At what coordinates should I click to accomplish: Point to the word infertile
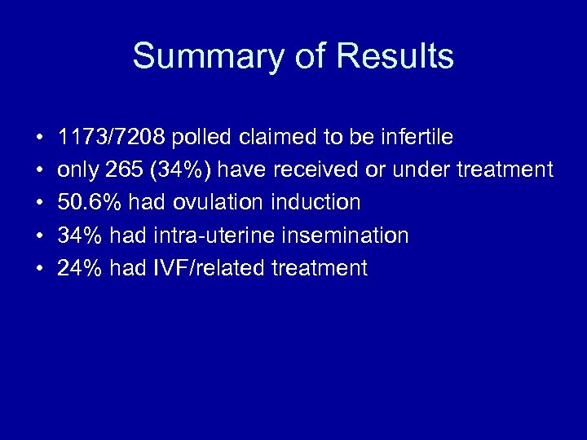[421, 138]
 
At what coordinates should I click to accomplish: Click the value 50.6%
[81, 203]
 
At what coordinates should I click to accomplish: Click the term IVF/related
[198, 268]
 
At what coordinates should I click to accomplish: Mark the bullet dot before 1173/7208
[39, 139]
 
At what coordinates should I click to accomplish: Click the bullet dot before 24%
[39, 269]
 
